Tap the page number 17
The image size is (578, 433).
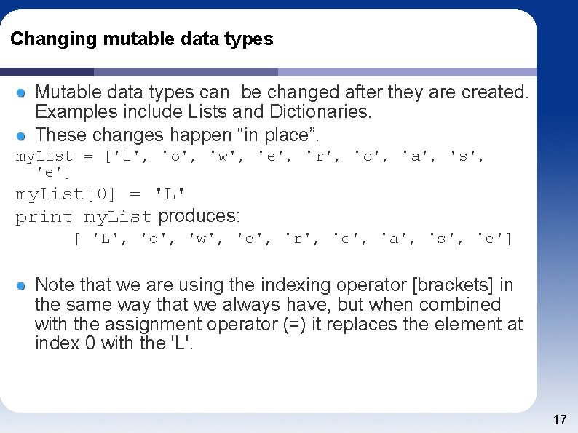click(560, 420)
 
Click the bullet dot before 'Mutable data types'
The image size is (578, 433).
click(22, 92)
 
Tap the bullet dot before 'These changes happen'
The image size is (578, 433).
click(22, 135)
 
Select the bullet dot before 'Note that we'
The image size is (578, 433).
click(22, 285)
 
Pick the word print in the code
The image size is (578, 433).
click(44, 217)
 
